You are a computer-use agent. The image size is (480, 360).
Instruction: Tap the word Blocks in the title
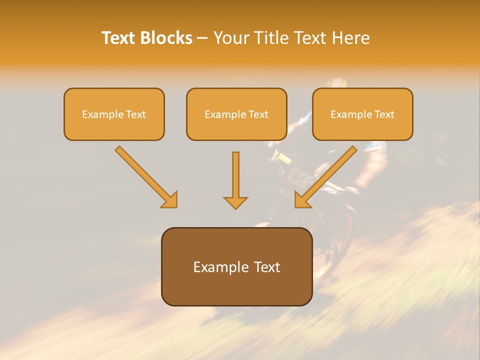tap(165, 38)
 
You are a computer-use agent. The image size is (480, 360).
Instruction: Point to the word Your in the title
tap(231, 38)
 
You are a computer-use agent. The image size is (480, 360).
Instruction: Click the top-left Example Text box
tap(114, 114)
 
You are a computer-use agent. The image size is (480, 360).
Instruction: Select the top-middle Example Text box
tap(236, 114)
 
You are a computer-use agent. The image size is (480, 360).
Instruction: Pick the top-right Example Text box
tap(362, 114)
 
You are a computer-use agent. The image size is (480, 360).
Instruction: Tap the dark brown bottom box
tap(236, 266)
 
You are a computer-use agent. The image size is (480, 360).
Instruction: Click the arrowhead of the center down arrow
tap(235, 202)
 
